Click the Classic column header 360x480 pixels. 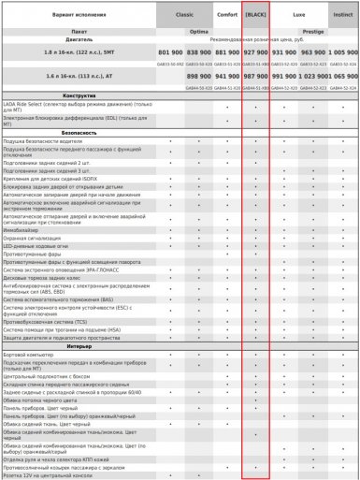point(184,16)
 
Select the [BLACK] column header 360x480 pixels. point(255,16)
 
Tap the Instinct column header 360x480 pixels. point(342,16)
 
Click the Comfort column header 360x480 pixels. point(227,16)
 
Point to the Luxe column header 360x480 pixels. point(298,16)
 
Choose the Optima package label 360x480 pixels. point(198,31)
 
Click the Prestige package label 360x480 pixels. point(312,31)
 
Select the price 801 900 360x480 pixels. point(170,53)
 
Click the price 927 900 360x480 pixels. point(255,53)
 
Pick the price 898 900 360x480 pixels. point(198,75)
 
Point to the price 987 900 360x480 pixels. point(255,75)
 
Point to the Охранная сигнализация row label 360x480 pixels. point(34,238)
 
